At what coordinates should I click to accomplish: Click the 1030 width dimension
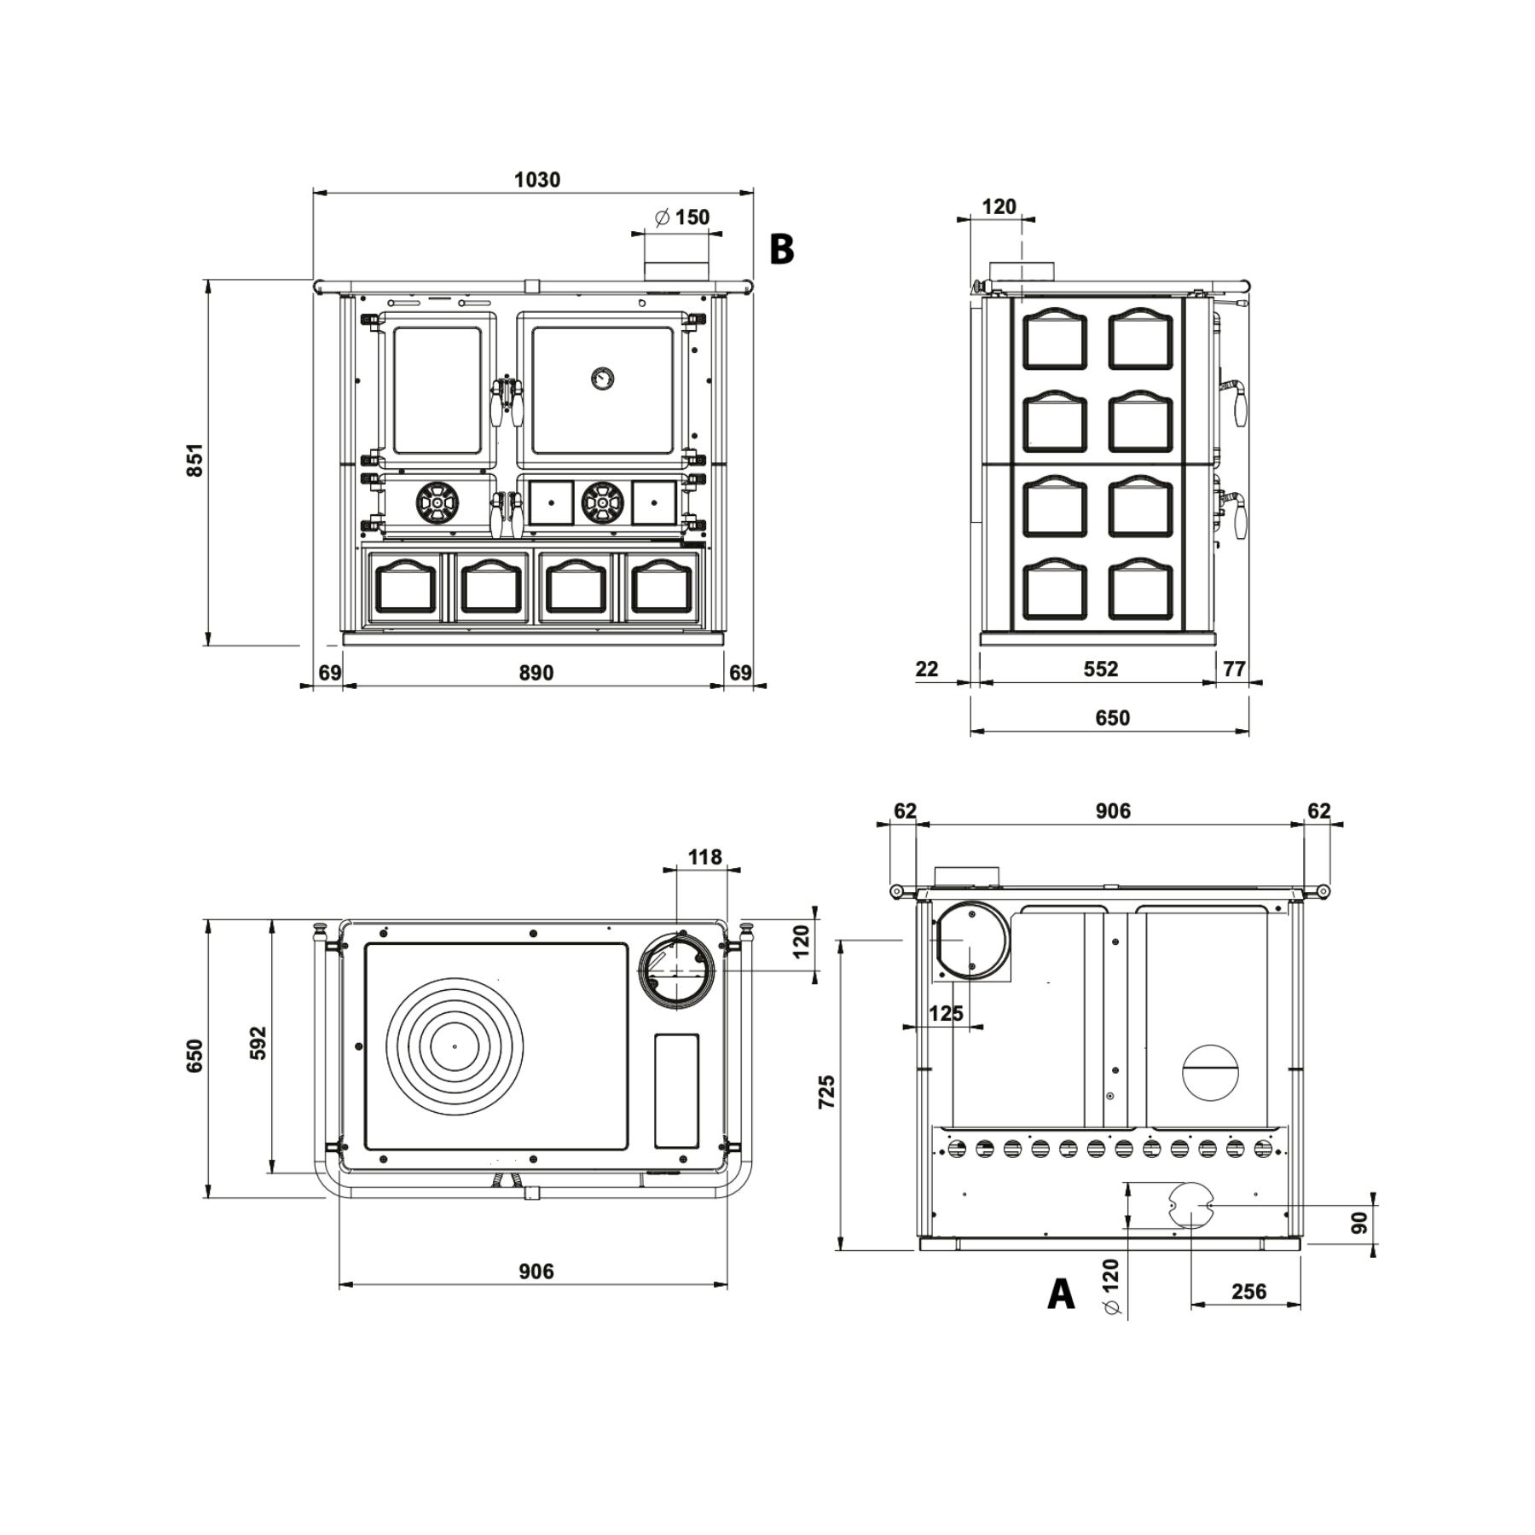537,180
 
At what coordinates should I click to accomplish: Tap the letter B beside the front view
781,249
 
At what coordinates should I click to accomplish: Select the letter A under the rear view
1060,1294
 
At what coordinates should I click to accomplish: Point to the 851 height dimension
195,460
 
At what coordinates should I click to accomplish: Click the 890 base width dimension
536,673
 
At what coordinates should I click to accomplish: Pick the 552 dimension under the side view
1100,669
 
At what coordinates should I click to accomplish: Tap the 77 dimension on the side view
1234,669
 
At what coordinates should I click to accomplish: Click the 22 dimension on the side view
926,669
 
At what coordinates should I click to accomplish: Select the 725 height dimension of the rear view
826,1092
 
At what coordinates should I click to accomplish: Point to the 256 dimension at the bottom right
1248,1292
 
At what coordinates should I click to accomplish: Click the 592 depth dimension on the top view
258,1043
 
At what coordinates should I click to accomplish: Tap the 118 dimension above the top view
704,856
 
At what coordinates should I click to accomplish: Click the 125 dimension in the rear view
945,1013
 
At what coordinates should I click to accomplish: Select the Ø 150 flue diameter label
681,217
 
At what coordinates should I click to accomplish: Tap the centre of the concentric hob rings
455,1046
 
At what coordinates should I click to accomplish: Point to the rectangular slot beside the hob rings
677,1091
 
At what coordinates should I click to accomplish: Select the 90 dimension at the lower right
1360,1222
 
